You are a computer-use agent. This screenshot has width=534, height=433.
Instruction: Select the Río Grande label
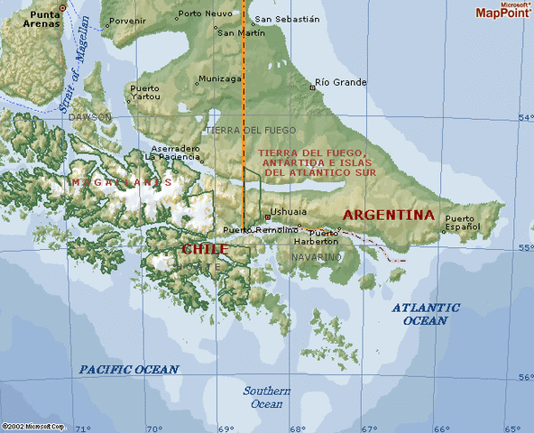pos(337,82)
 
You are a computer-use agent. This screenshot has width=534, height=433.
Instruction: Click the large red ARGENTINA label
pos(389,215)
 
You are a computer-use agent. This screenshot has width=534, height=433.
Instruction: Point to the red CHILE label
pos(205,249)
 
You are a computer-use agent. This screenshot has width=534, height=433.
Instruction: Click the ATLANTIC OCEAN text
pos(425,314)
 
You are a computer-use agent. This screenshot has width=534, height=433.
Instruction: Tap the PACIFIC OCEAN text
pos(128,369)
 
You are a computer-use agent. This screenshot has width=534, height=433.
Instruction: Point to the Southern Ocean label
pos(266,398)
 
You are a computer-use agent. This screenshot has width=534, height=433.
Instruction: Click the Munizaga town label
pos(220,78)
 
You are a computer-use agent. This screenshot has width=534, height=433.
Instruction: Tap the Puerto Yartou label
pos(145,92)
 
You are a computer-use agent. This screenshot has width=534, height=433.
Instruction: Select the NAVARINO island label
pos(317,257)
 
